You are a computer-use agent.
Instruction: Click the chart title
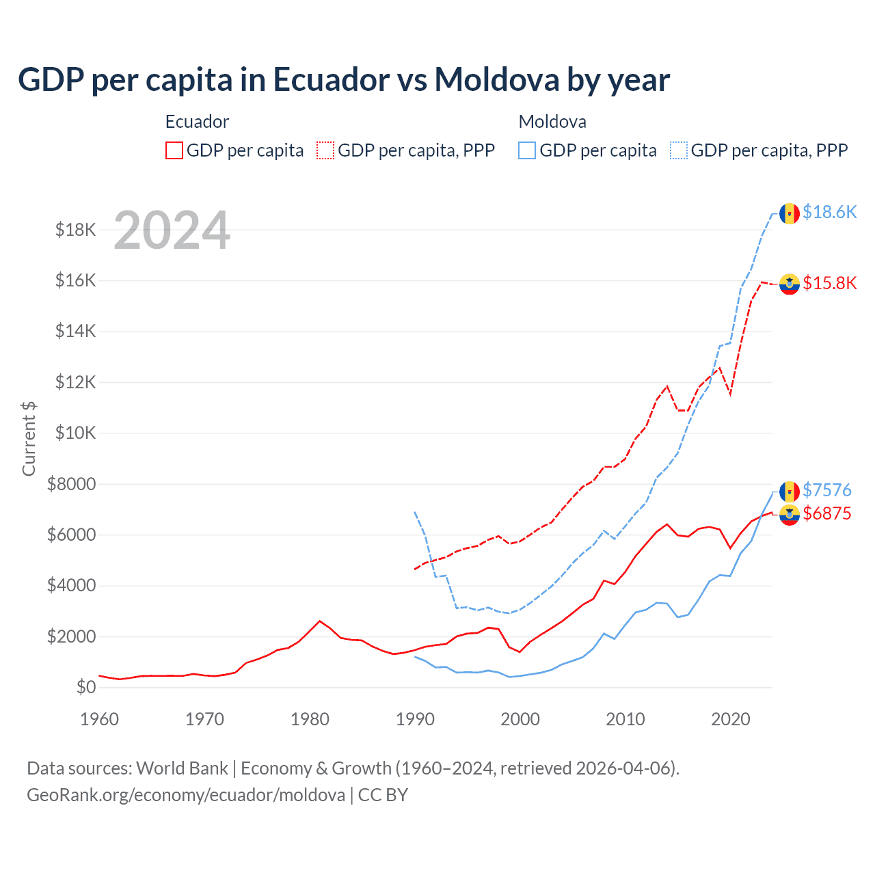343,79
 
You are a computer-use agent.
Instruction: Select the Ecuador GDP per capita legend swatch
174,150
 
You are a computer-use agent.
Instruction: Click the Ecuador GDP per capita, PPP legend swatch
325,150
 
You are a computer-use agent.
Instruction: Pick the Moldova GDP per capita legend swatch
527,150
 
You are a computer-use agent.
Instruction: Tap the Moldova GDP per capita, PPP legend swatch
679,150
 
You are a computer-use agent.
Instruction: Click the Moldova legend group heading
552,122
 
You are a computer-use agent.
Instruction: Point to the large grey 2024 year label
172,230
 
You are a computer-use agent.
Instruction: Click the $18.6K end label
829,213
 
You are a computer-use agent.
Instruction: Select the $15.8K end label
829,283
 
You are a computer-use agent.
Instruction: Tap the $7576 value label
826,490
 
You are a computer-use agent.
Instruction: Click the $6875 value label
826,513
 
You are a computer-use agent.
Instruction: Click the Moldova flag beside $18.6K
790,213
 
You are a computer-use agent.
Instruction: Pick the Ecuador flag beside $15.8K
790,284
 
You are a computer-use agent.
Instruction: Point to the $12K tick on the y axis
76,382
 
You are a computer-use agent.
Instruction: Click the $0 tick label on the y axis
85,687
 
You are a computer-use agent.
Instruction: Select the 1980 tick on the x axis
310,719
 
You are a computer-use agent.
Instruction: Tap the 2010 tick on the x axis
625,719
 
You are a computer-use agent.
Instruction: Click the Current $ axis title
29,439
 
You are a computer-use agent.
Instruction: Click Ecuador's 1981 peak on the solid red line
319,621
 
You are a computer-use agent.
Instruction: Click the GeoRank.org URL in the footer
186,795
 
